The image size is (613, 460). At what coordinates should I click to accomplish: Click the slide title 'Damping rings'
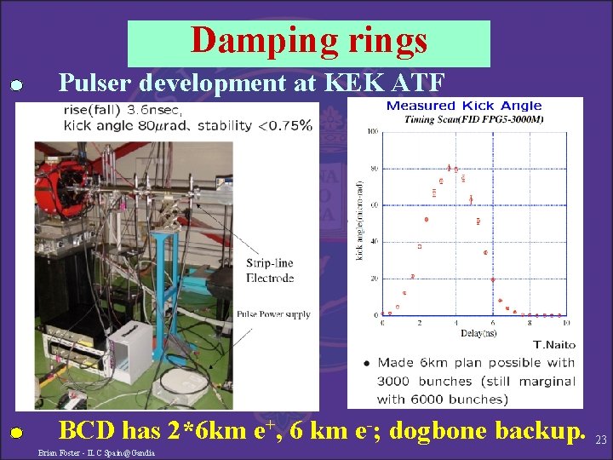click(x=309, y=40)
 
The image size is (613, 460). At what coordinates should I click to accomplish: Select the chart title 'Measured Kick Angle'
click(x=463, y=106)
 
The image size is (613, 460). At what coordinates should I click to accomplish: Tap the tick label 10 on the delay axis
click(x=565, y=323)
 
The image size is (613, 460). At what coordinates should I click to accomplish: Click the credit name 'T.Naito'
click(x=553, y=345)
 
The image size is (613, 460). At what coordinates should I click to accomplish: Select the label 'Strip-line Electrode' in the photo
click(x=269, y=270)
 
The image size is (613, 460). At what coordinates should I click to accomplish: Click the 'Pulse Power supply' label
click(x=273, y=314)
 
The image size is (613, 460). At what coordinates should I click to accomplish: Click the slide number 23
click(x=600, y=440)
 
